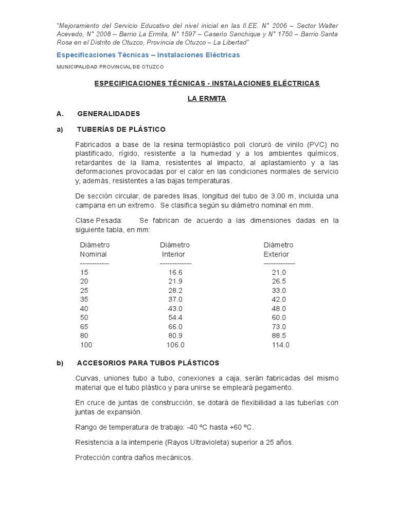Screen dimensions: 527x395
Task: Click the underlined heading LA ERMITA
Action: coord(207,98)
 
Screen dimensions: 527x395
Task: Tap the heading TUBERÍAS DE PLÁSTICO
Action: coord(121,129)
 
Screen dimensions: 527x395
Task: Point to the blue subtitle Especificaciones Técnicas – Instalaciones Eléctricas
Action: coord(148,55)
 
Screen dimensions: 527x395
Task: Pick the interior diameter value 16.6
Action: coord(175,272)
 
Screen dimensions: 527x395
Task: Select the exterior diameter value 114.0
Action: coord(281,345)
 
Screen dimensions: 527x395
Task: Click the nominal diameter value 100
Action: coord(86,345)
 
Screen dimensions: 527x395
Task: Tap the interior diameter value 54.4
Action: coord(175,318)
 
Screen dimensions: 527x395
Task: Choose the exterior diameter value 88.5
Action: coord(279,336)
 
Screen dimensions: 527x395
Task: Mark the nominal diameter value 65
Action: coord(84,327)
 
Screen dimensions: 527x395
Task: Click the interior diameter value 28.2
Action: coord(175,290)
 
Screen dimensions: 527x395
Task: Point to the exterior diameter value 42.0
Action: coord(279,300)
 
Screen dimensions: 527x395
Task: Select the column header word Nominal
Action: coord(93,254)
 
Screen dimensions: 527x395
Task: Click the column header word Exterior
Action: coord(276,254)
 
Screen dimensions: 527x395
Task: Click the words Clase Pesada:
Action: coord(99,220)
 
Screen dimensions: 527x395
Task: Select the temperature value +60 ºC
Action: coord(240,427)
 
